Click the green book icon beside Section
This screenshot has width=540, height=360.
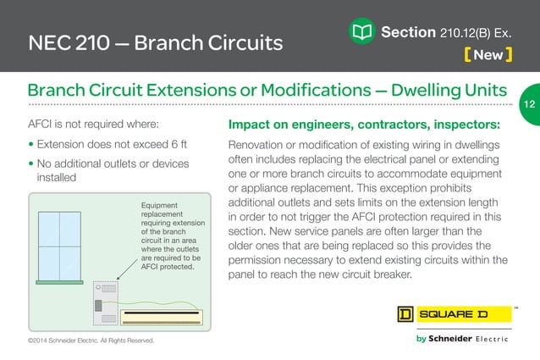(361, 33)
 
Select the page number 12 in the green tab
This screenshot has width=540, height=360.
(529, 104)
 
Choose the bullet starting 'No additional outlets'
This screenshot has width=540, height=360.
(110, 170)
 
